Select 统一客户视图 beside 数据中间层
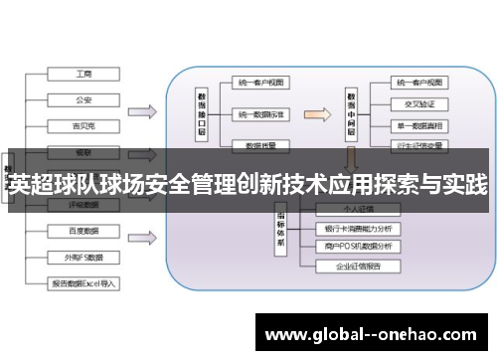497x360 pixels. (417, 82)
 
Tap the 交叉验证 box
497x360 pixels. (417, 103)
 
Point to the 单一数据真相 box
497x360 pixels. (417, 124)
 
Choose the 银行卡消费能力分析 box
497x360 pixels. (359, 229)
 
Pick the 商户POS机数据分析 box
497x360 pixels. (359, 246)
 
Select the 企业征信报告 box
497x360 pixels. (359, 266)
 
